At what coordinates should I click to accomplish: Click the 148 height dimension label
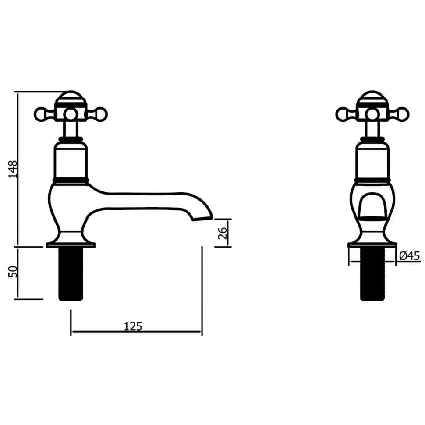pos(13,169)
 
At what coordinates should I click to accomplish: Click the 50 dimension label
pos(13,272)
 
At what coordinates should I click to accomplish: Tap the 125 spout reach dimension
pos(133,326)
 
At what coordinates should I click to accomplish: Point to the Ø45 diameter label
pos(410,256)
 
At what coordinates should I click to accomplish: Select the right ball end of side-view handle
pos(101,114)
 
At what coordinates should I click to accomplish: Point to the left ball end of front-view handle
pos(342,114)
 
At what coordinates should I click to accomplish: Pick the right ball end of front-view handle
pos(403,114)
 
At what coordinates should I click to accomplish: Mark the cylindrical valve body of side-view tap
pos(71,162)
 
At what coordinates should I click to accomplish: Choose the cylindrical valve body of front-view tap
pos(372,162)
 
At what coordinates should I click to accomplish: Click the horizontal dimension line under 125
pos(166,332)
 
